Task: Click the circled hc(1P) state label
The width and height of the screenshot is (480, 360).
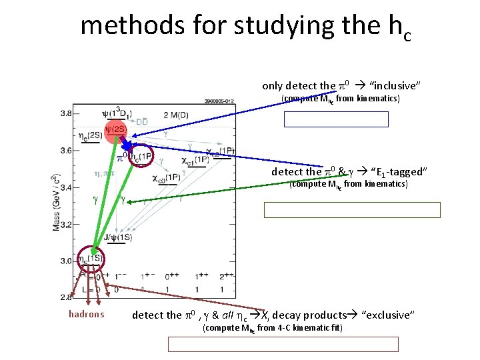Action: point(142,157)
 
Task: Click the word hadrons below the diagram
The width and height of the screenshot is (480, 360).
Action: point(87,315)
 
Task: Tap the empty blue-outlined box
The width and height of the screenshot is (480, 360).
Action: point(336,119)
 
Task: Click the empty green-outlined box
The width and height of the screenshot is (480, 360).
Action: point(352,210)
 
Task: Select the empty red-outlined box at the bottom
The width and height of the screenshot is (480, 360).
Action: point(283,344)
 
